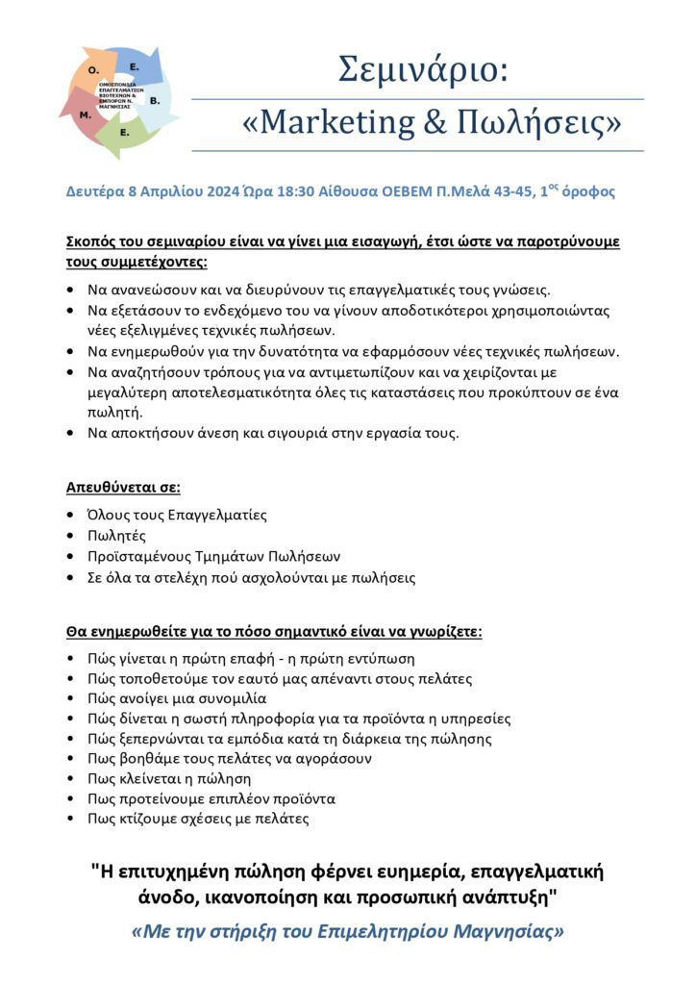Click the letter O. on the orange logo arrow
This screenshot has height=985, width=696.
93,71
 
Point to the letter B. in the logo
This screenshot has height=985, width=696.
155,99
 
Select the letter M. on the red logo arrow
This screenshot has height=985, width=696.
85,114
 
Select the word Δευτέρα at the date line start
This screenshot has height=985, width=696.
95,191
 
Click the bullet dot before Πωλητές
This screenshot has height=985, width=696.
72,536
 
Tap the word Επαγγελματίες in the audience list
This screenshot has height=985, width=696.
215,515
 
